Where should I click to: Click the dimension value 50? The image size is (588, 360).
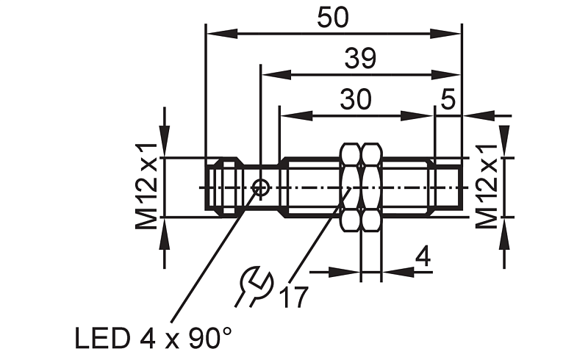(x=333, y=18)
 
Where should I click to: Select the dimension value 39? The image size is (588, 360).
(x=360, y=59)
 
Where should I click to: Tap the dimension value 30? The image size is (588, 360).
(x=356, y=99)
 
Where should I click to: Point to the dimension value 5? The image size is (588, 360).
(x=448, y=99)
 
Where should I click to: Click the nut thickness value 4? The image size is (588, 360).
(x=423, y=256)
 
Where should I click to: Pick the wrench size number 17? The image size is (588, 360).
(x=293, y=297)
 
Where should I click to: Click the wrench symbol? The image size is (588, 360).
(x=253, y=286)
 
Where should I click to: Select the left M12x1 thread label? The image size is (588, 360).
(x=146, y=187)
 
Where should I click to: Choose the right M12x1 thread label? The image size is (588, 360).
(x=487, y=187)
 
